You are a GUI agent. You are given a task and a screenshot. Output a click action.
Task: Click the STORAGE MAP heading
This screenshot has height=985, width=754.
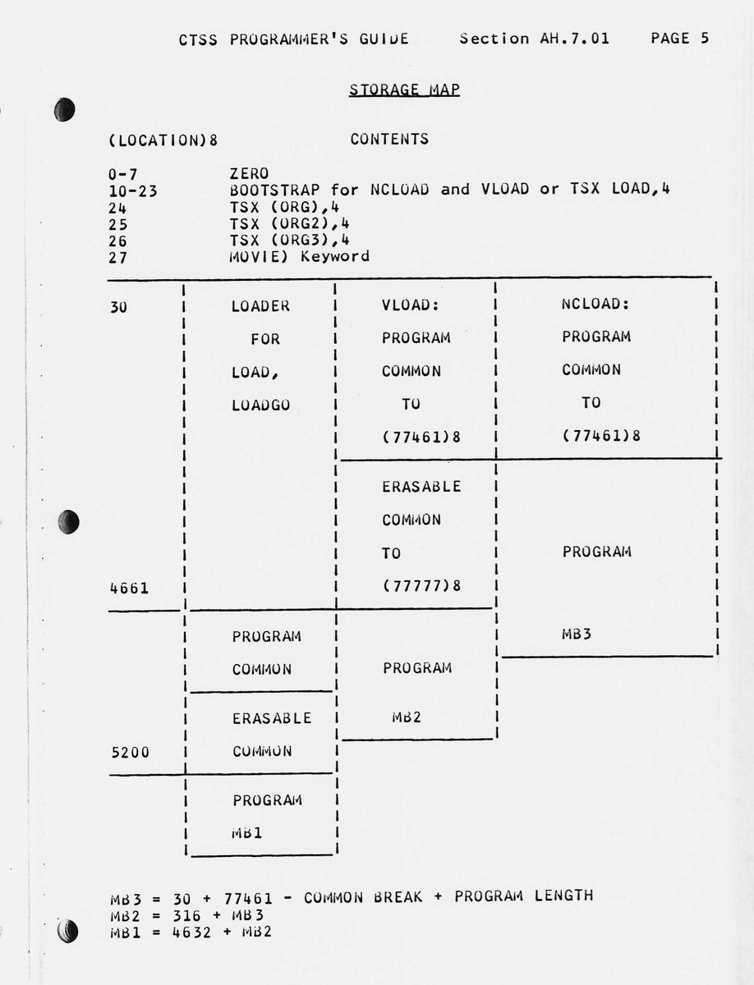coord(404,89)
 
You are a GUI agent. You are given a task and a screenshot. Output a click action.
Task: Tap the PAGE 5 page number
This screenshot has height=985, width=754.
coord(679,38)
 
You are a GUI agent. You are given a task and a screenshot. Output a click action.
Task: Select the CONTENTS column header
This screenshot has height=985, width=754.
coord(389,139)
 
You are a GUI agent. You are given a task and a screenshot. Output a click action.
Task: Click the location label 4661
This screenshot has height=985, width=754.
coord(129,588)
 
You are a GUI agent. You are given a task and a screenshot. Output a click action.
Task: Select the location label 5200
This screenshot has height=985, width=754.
coord(129,751)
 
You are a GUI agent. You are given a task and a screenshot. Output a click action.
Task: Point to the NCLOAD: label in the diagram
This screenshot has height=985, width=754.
coord(595,304)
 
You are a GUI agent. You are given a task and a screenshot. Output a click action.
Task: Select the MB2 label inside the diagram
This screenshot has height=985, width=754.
coord(406,717)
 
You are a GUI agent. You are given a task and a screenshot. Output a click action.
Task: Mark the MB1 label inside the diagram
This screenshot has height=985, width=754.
coord(247,833)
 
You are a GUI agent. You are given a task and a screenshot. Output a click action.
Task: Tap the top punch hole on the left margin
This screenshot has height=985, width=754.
coord(65,109)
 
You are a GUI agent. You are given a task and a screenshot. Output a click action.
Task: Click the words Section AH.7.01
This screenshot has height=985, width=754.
coord(535,38)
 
